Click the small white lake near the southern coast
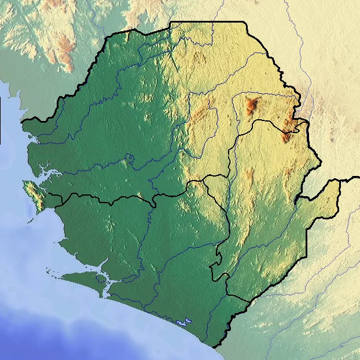[184, 320]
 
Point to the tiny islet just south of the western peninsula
[29, 220]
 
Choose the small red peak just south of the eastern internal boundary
[285, 138]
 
